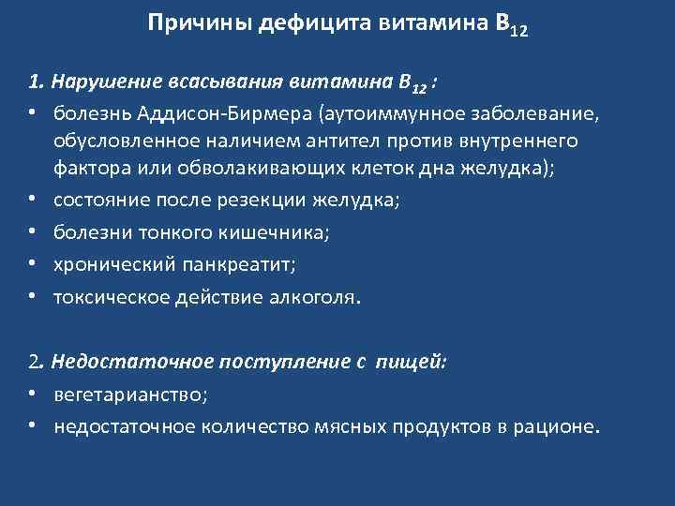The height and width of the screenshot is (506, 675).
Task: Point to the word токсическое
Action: coord(103,298)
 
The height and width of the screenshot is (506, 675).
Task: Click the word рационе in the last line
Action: coord(552,426)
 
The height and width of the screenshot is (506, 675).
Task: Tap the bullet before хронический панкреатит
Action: coord(32,265)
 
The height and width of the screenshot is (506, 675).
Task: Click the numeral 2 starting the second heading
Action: coord(33,362)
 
